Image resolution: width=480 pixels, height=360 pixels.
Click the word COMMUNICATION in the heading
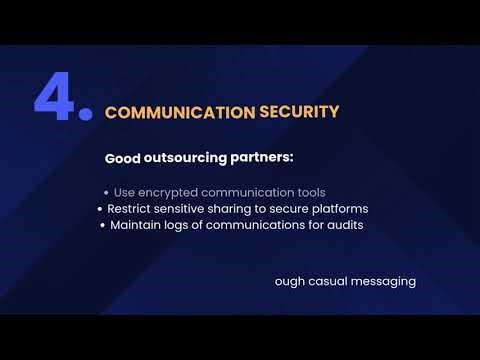point(178,112)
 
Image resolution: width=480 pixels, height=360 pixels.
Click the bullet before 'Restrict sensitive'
point(100,209)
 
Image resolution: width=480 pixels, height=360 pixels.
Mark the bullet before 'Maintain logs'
point(102,226)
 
